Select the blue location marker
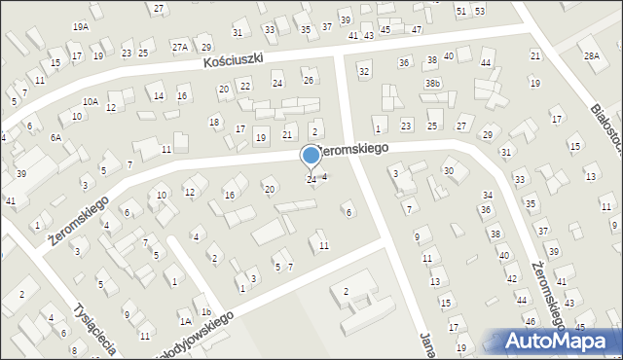[x=311, y=156]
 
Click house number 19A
[x=80, y=27]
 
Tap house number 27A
[x=180, y=46]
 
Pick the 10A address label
[x=90, y=100]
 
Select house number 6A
[x=56, y=137]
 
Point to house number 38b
[x=432, y=84]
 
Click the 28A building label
[x=591, y=55]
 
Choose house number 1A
[x=184, y=320]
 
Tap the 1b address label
[x=206, y=311]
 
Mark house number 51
[x=461, y=10]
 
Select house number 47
[x=416, y=29]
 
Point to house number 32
[x=364, y=71]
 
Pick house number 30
[x=448, y=170]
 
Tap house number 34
[x=487, y=195]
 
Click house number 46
[x=531, y=320]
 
